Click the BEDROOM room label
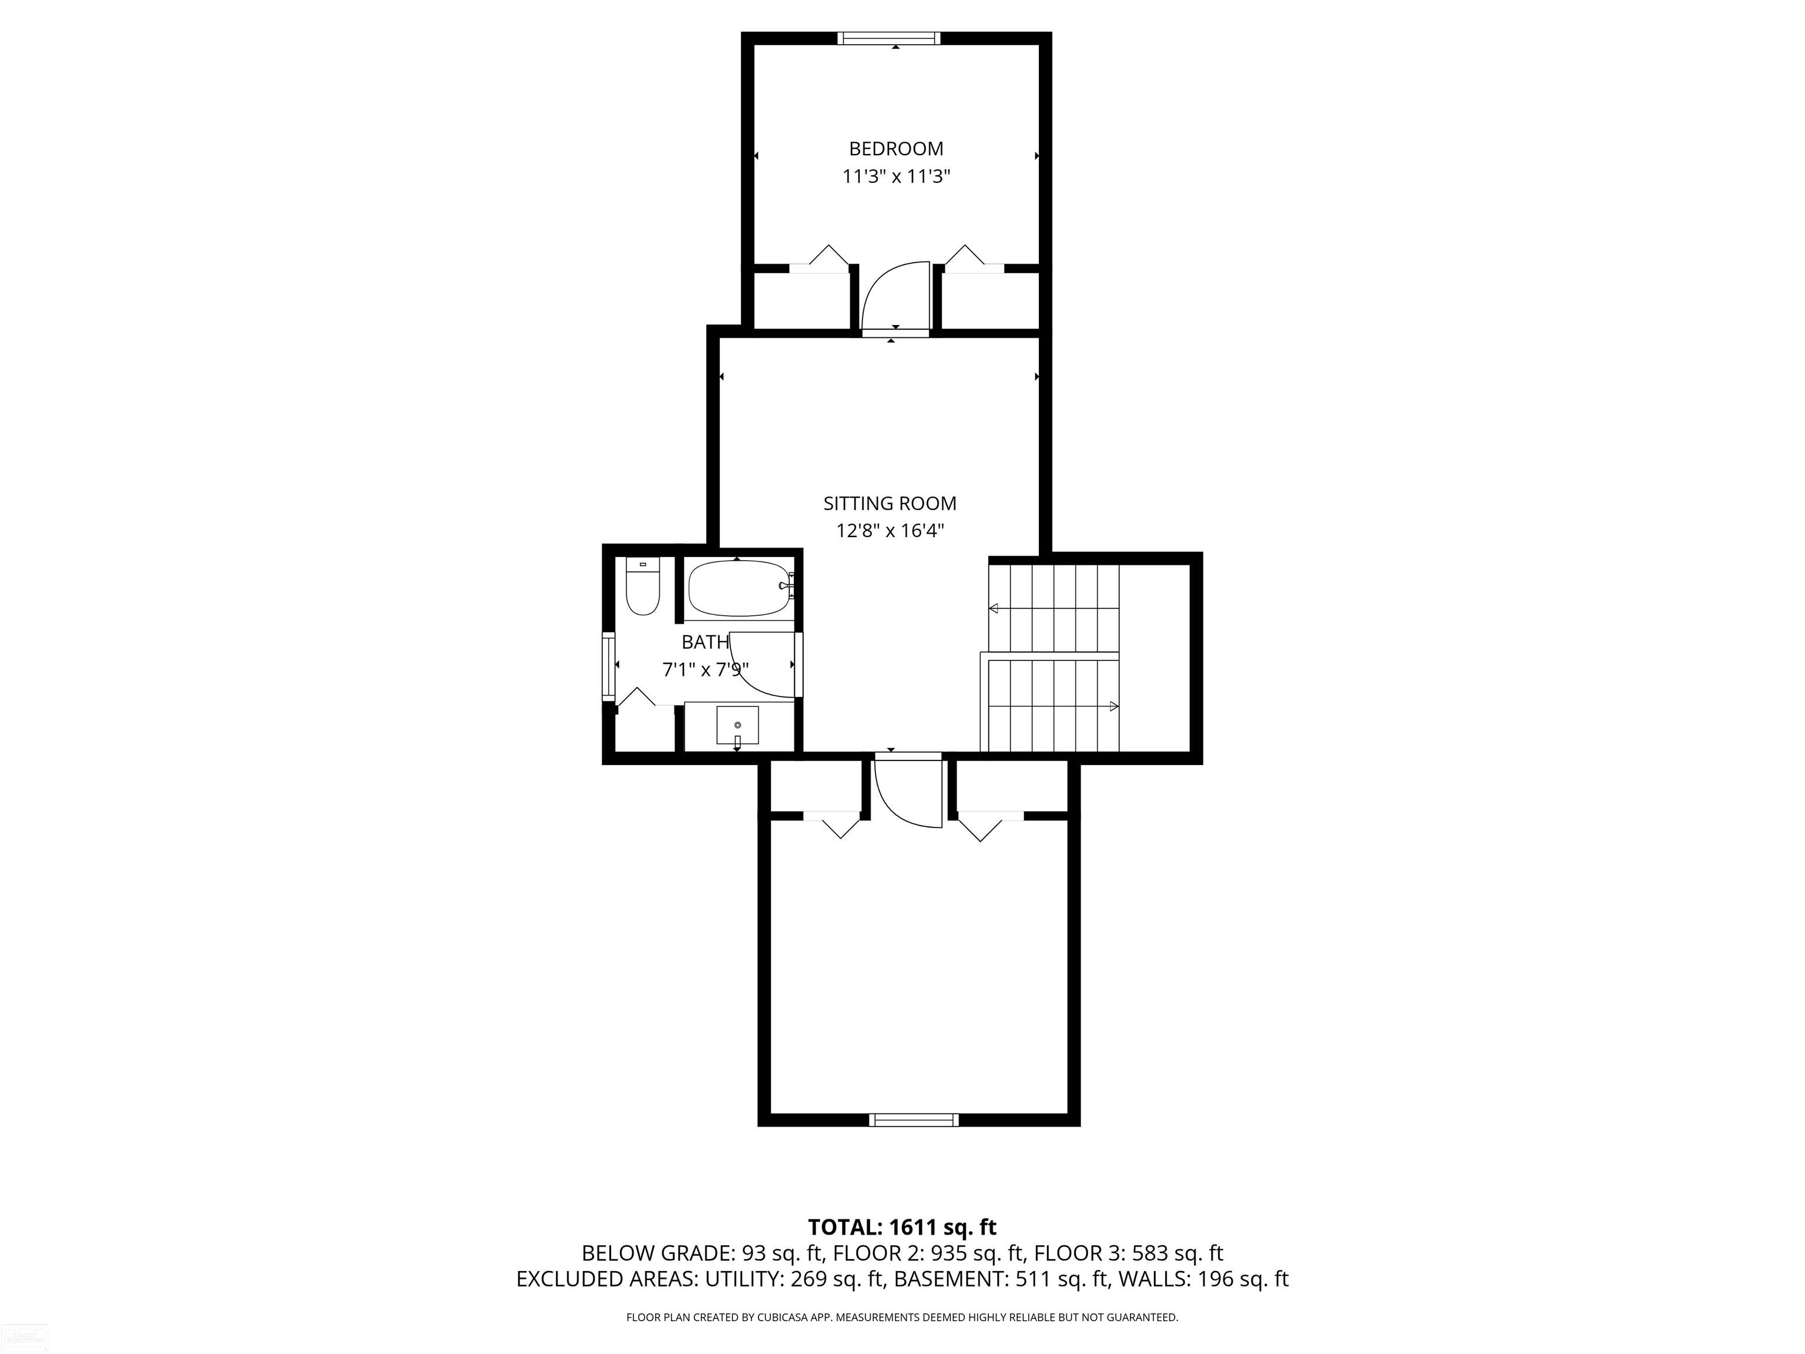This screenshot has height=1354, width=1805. (896, 149)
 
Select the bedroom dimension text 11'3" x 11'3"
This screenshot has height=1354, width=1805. (897, 176)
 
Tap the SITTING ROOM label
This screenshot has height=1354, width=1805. (890, 504)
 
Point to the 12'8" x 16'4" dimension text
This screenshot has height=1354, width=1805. (890, 531)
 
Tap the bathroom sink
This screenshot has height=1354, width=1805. (737, 725)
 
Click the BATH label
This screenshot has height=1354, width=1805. (705, 642)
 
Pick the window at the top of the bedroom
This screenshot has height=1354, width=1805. (888, 38)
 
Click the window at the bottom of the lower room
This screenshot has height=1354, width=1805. (913, 1120)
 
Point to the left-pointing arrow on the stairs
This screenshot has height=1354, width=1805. (994, 608)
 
